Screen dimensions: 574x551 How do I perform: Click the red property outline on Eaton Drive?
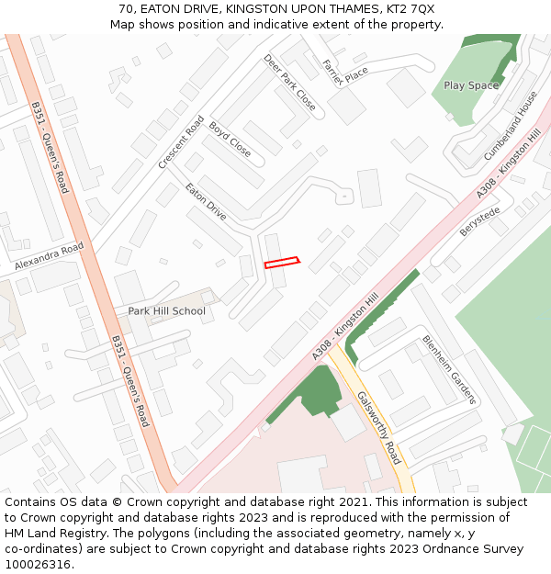coord(282,263)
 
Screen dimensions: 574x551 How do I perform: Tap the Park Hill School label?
coord(166,311)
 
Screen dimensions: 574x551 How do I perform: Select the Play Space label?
coord(471,85)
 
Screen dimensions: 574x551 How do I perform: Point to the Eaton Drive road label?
coord(206,202)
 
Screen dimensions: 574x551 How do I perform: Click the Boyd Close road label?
coord(230,139)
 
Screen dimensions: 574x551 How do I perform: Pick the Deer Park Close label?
coord(289,83)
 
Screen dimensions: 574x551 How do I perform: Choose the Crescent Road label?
coord(181,142)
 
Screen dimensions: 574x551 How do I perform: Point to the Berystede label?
coord(479,221)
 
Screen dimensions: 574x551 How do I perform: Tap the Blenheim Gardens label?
coord(449,369)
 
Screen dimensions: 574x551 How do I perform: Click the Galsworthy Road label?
coord(378,428)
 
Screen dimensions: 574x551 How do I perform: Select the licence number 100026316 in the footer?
coord(38,565)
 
